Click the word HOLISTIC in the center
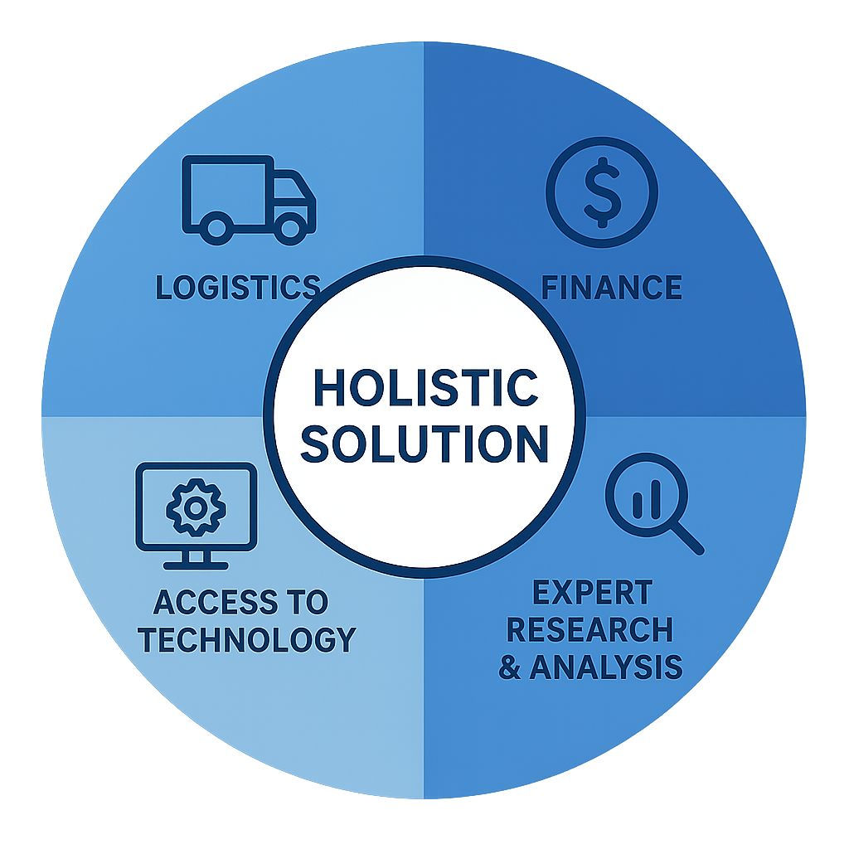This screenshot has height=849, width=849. [425, 387]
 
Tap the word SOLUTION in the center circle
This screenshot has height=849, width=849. [424, 444]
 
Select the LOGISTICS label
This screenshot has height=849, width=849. [238, 287]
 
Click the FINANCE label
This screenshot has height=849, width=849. [611, 287]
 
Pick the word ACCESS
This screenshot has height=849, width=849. [216, 602]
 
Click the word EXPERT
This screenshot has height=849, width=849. [592, 592]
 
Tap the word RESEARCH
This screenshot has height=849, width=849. [589, 630]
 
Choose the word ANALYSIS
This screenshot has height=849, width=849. [606, 667]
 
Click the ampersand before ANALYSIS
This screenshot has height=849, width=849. [510, 667]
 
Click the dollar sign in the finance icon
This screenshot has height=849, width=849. [602, 192]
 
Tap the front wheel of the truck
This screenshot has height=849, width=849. [290, 228]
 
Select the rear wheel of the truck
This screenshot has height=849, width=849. [216, 228]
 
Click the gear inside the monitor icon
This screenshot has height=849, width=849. [196, 508]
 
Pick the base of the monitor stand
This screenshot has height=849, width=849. [196, 565]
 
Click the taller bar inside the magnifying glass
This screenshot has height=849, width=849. [656, 498]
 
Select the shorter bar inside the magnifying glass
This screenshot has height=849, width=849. [638, 505]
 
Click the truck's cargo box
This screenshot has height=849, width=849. [227, 190]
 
